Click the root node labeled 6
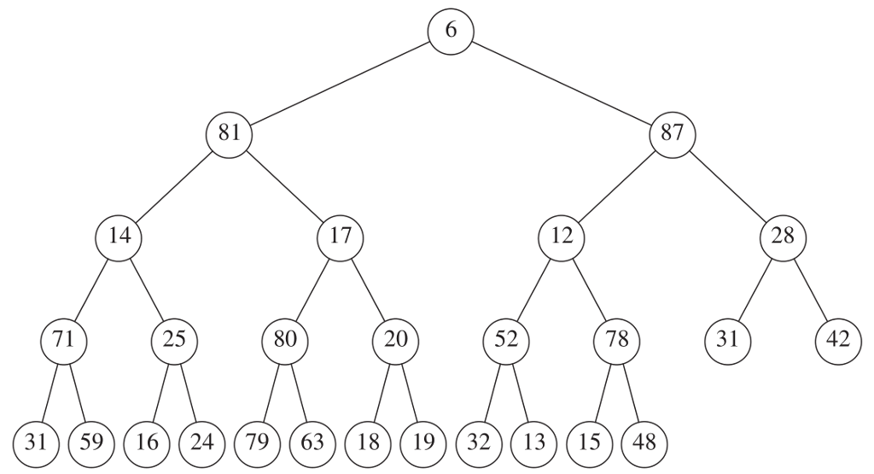[451, 30]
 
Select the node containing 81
[229, 133]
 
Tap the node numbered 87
[673, 133]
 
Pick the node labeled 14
[119, 236]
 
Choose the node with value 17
[340, 236]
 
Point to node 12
[562, 236]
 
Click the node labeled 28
[783, 236]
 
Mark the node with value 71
[63, 339]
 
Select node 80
[284, 339]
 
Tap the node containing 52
[506, 339]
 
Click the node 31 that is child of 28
[727, 339]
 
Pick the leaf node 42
[838, 339]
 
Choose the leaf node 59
[91, 442]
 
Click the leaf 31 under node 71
[36, 442]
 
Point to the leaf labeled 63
[312, 442]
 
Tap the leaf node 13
[534, 442]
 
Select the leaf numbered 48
[644, 442]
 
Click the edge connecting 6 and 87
[562, 82]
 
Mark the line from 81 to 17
[284, 184]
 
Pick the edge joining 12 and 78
[589, 288]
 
